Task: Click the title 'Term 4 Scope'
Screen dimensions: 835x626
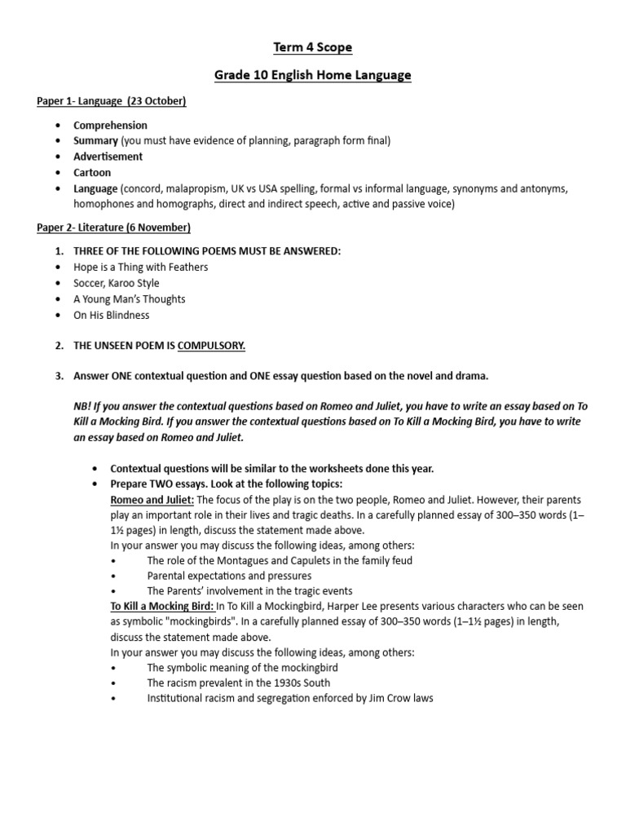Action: [x=312, y=47]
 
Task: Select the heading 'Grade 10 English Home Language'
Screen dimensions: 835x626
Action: [x=312, y=75]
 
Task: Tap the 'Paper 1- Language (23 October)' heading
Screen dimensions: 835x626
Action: [x=112, y=101]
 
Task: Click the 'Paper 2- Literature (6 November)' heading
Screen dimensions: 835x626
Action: [x=114, y=228]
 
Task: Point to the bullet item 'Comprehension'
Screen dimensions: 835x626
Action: [x=110, y=126]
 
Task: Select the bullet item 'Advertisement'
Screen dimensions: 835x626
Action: [x=108, y=157]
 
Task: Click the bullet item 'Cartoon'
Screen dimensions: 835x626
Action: [x=92, y=173]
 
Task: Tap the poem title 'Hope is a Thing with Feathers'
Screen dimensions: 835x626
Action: [x=140, y=267]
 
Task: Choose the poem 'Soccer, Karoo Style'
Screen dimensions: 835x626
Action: [x=117, y=283]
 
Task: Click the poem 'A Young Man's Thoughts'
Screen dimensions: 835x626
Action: [x=129, y=299]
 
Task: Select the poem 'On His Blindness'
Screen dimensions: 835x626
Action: [x=112, y=315]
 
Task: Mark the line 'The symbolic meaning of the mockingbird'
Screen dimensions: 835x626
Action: [x=241, y=667]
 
